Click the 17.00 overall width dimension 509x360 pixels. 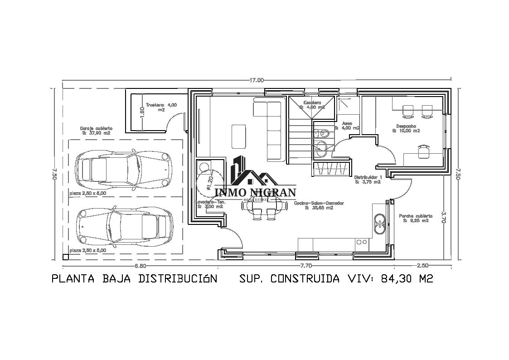pos(256,80)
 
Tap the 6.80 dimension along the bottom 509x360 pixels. pos(140,266)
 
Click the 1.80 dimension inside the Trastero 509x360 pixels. pos(142,112)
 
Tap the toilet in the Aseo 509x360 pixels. pos(323,133)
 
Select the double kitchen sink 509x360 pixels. pos(379,222)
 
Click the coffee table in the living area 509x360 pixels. pos(239,136)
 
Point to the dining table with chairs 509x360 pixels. pos(265,207)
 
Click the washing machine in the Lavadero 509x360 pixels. pos(205,167)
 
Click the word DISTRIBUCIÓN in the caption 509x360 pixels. pos(178,278)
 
